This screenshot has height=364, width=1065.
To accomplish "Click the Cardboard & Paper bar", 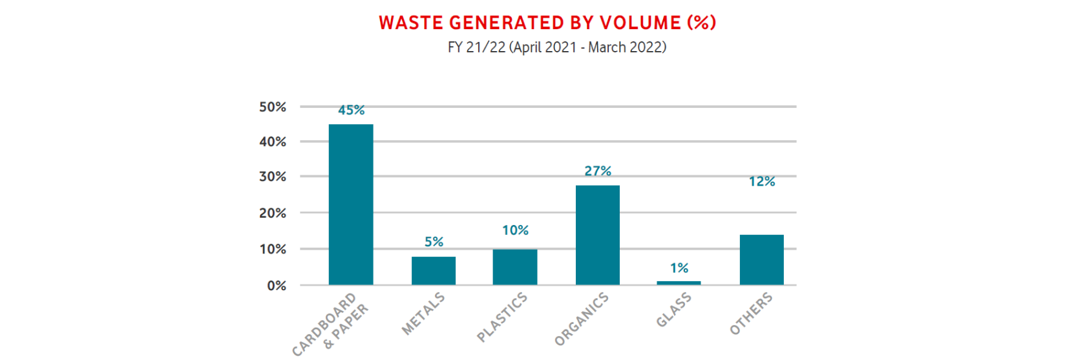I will pos(351,204).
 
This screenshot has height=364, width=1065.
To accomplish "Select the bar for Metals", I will pos(434,271).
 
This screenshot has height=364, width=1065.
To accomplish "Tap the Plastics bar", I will pos(515,267).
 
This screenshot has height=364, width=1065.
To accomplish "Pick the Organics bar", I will pos(598,235).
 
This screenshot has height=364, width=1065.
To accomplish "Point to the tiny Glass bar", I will pos(679,283).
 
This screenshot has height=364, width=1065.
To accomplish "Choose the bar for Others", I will pos(761,260).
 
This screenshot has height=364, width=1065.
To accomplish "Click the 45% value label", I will pos(352,111).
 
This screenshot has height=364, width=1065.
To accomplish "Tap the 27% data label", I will pos(598,171).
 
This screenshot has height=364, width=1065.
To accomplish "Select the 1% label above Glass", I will pos(679,268).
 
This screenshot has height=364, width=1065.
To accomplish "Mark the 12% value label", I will pos(762,182).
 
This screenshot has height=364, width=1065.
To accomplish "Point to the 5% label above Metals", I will pos(434,242).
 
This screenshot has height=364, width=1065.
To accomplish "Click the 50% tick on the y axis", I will pos(273,107).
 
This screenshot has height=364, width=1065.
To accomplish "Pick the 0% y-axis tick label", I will pos(277,286).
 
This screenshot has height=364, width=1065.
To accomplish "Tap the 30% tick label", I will pos(273,177).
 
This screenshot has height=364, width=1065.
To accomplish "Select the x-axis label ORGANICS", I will pos(582,319).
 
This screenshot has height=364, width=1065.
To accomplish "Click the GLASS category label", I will pos(674,310).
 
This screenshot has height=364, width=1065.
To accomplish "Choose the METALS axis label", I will pos(423,314).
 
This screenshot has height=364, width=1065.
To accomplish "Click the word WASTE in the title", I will pos(411,23).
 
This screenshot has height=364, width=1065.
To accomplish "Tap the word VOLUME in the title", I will pos(640,23).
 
